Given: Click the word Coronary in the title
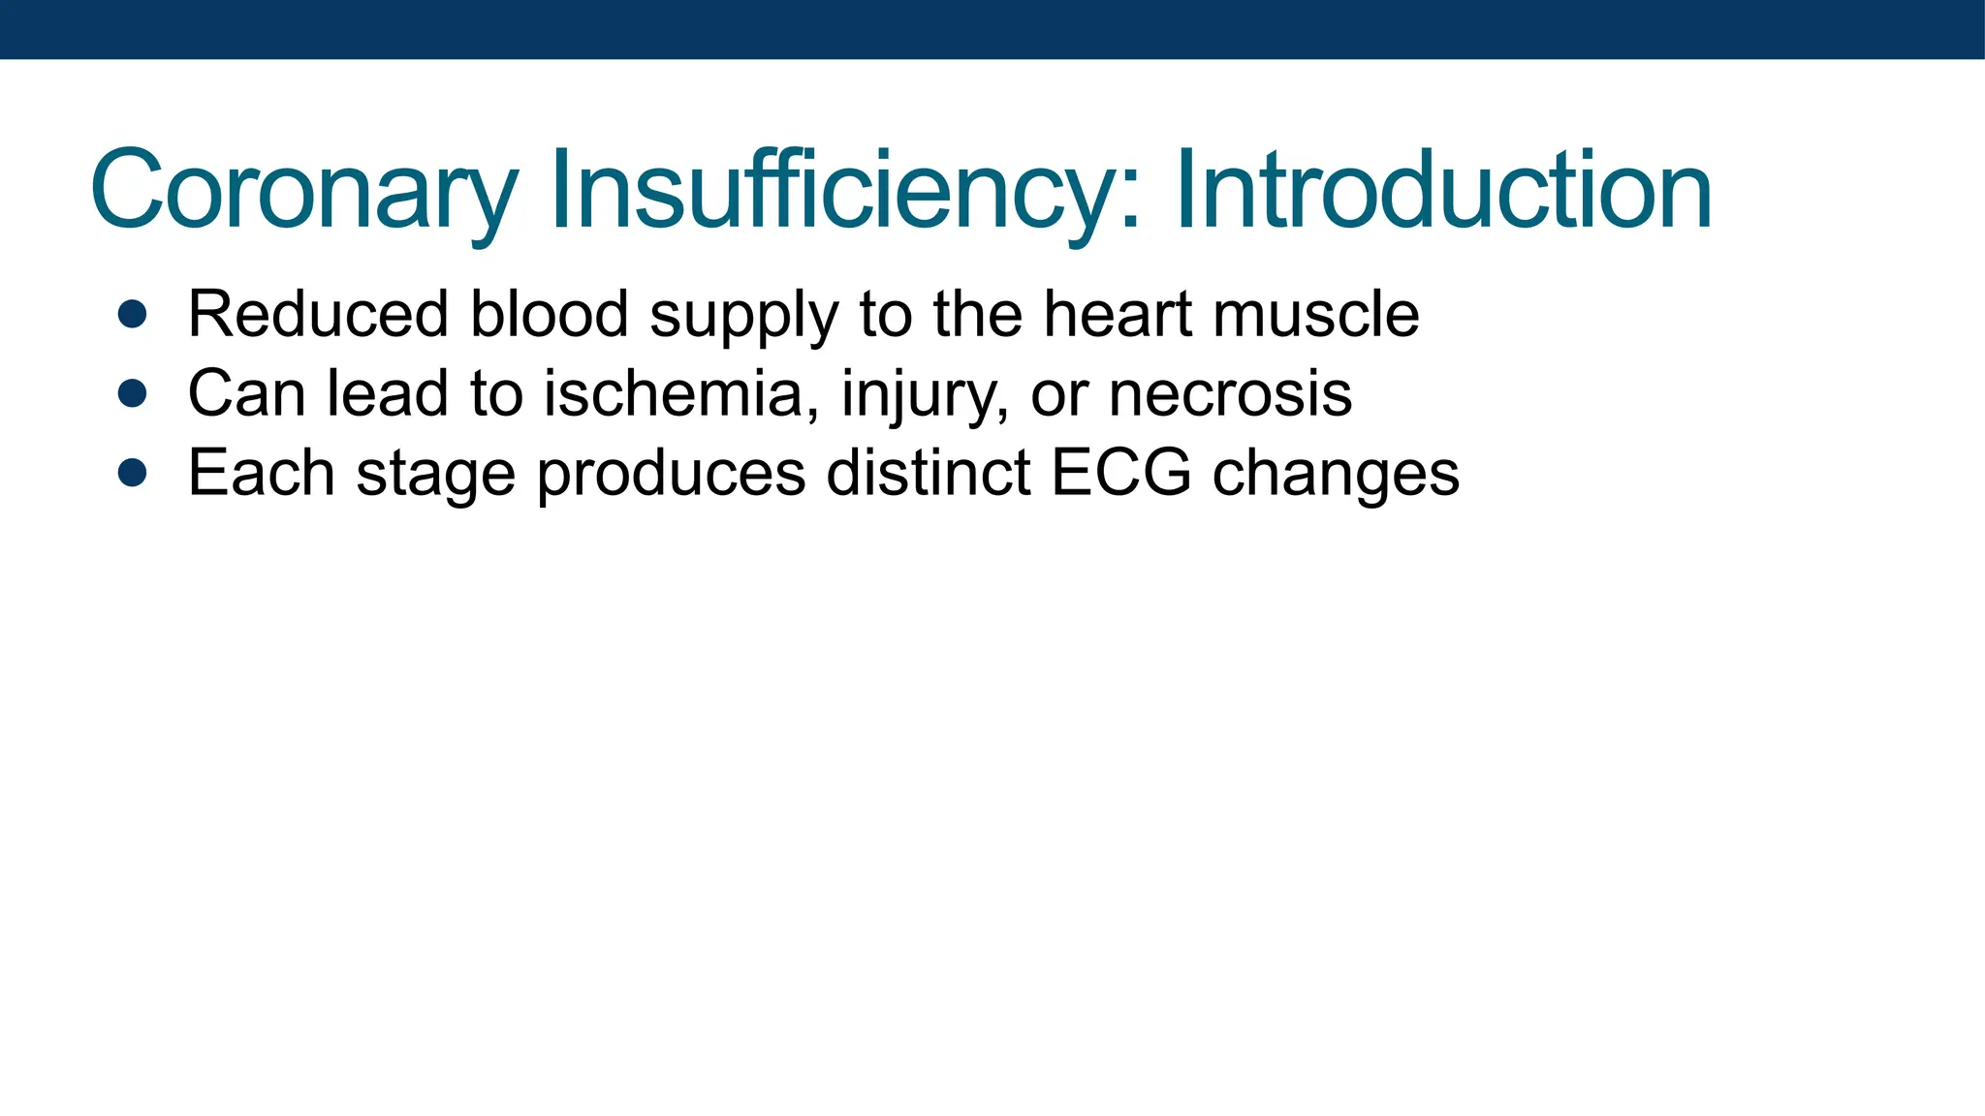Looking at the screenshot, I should pyautogui.click(x=303, y=191).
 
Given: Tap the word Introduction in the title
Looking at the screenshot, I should pyautogui.click(x=1443, y=191).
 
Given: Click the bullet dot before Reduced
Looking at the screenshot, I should pyautogui.click(x=132, y=314).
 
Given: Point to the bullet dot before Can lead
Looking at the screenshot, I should pyautogui.click(x=132, y=393).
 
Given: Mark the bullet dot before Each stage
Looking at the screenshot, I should pyautogui.click(x=132, y=473).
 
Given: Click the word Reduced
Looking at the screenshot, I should pyautogui.click(x=318, y=314).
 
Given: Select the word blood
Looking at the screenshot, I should pyautogui.click(x=549, y=314).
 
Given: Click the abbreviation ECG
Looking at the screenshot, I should pyautogui.click(x=1121, y=473).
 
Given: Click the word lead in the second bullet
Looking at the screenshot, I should pyautogui.click(x=388, y=393).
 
